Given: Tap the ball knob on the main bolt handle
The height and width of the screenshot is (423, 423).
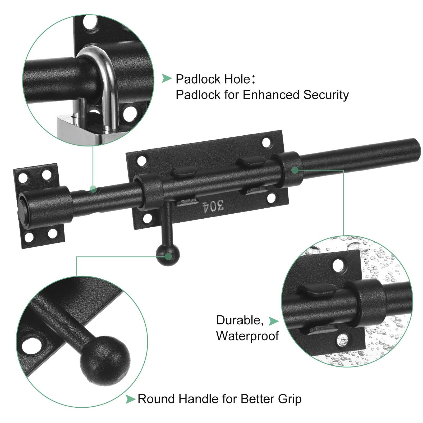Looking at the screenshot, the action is [x=168, y=255].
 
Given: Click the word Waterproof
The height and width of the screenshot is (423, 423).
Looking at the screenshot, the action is [x=247, y=336].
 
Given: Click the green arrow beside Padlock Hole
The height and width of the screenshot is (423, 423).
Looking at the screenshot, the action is [x=167, y=78].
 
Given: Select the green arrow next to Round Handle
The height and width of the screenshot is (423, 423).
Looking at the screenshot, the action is [x=131, y=399].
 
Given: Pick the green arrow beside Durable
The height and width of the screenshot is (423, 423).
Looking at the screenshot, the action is [x=274, y=321].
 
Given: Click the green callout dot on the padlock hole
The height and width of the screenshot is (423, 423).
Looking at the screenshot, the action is [x=93, y=189].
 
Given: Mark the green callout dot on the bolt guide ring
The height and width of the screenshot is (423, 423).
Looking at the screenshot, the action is [x=295, y=170].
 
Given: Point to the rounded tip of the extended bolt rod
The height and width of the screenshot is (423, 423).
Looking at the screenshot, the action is [x=417, y=149].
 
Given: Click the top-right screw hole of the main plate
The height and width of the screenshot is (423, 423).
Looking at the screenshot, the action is [x=266, y=142].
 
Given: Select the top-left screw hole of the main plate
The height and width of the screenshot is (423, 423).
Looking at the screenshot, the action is [x=142, y=161].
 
